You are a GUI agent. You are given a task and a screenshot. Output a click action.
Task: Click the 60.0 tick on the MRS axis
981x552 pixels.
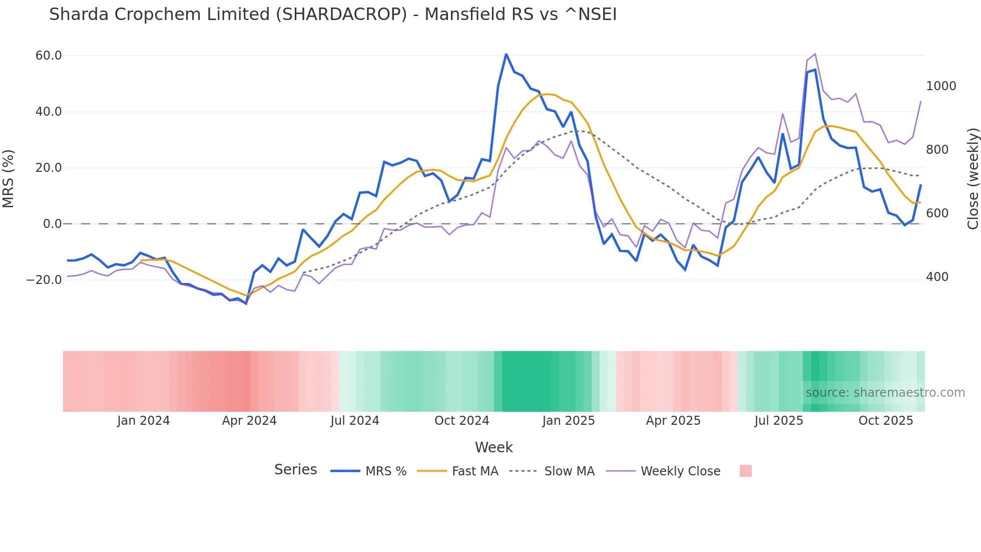tap(48, 56)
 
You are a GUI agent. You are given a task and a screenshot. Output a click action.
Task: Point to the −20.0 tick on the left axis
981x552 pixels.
tap(44, 280)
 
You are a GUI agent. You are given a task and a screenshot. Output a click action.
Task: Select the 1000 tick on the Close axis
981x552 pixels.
tap(941, 86)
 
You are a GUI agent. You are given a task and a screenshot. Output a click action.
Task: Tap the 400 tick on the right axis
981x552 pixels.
tap(937, 277)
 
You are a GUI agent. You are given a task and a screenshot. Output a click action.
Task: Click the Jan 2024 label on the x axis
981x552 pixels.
tap(143, 421)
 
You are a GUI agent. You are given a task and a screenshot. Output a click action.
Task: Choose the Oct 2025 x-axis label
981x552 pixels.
tap(885, 421)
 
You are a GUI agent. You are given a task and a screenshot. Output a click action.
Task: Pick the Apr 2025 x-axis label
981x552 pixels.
tap(673, 421)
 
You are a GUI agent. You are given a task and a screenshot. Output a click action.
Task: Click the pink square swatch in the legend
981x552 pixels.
tap(745, 471)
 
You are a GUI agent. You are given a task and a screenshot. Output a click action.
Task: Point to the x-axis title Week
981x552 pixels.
tap(494, 447)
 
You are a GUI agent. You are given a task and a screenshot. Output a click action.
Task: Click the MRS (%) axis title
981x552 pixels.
tap(9, 178)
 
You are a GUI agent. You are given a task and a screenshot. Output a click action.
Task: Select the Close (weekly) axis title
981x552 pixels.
tap(972, 178)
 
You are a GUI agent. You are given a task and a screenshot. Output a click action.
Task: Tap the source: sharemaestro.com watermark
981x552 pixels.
tap(885, 393)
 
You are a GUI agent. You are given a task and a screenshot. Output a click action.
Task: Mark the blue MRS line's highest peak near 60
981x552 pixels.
tap(506, 54)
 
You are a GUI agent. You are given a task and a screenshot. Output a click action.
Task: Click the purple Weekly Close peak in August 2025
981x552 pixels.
tap(815, 54)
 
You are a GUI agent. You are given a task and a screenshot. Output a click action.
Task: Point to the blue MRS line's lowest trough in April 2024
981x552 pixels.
tap(246, 304)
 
